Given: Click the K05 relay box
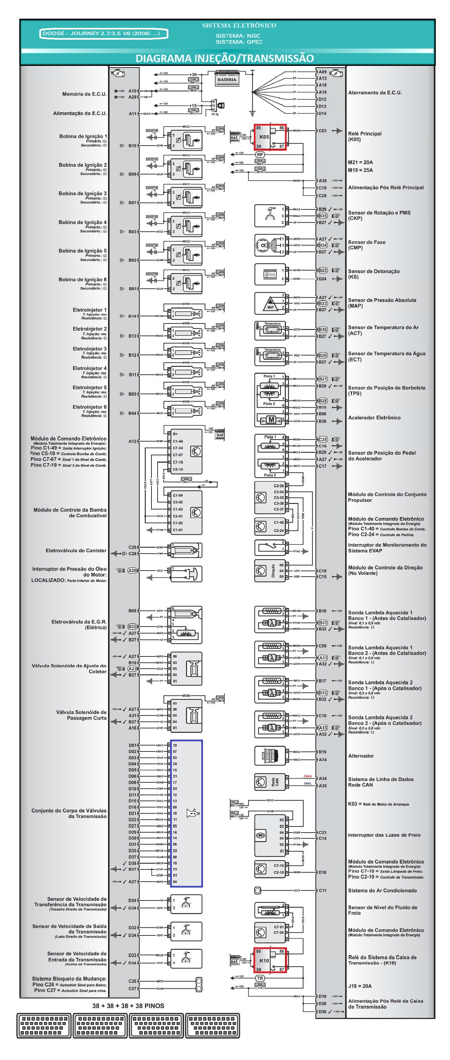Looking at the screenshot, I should (270, 137).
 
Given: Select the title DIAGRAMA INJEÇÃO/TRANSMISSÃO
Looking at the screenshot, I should (224, 58).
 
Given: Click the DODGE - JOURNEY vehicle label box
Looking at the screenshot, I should (104, 33).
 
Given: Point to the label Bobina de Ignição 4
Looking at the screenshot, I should (82, 222).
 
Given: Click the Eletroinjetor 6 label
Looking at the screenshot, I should (89, 407).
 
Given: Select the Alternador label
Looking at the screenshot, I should (361, 756).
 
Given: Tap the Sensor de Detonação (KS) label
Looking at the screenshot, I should (373, 274).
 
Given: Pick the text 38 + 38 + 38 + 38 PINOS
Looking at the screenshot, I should (128, 1006).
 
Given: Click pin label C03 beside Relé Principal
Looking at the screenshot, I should (322, 131).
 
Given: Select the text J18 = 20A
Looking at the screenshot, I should (360, 986).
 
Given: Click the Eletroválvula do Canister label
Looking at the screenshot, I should (76, 551).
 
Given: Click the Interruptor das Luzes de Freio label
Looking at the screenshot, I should (384, 835).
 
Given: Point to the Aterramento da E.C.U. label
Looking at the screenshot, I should (375, 93).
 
